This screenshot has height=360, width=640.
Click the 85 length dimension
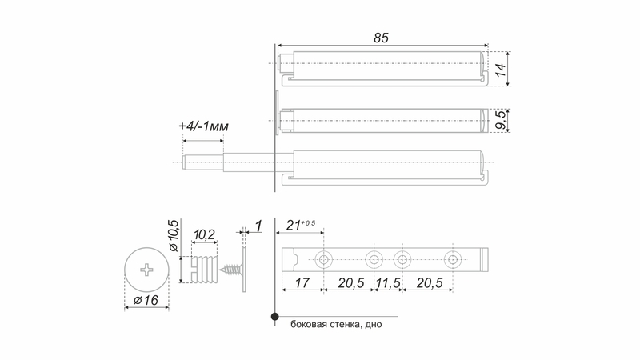click(x=381, y=38)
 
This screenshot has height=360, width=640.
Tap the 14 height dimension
click(x=501, y=70)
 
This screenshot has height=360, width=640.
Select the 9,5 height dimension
click(x=501, y=120)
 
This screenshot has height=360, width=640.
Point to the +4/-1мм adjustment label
click(x=203, y=126)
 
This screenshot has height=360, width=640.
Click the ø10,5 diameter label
click(x=173, y=235)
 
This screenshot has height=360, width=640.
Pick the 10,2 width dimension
click(x=204, y=234)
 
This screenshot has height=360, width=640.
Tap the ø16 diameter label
click(x=146, y=301)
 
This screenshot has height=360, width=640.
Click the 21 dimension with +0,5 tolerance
click(x=301, y=225)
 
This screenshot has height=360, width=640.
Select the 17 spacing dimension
click(x=302, y=282)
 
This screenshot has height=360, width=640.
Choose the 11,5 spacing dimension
click(x=388, y=282)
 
